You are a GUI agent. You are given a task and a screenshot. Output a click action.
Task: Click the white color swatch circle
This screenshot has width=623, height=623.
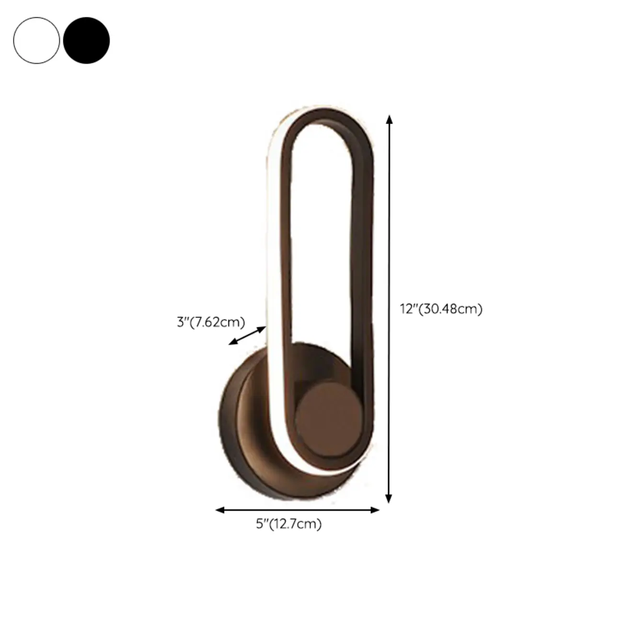click(x=37, y=41)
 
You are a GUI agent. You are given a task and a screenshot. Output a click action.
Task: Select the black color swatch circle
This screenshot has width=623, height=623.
click(x=86, y=41)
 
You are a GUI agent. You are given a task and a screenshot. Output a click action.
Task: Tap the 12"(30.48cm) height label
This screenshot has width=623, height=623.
click(x=441, y=309)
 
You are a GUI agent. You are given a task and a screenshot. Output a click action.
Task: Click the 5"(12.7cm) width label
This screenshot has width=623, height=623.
click(x=288, y=524)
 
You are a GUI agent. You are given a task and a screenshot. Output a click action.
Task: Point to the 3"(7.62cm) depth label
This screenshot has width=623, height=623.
click(x=211, y=322)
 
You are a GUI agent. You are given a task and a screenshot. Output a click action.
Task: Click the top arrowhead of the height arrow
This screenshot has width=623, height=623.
click(x=390, y=120)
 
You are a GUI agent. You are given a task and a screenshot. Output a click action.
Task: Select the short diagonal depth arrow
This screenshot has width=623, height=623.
click(x=247, y=335)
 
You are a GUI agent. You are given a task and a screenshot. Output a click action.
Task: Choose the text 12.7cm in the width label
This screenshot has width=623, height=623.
click(x=294, y=524)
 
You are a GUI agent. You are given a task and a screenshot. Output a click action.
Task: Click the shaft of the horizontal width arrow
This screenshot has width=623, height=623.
click(x=297, y=510)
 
